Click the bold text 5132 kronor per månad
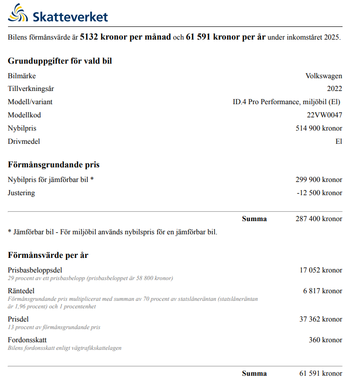pos(125,37)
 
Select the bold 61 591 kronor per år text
pos(226,37)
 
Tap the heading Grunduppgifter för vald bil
pos(60,61)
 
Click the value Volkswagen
pos(324,76)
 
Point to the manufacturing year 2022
pos(335,89)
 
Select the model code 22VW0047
pos(324,115)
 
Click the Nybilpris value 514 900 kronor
pos(319,128)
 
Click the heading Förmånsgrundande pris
pos(54,165)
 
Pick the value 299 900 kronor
pos(319,180)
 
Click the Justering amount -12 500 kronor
pos(320,193)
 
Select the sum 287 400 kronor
pos(319,219)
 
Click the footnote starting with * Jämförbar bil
pos(113,232)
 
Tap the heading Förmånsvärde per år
pos(48,255)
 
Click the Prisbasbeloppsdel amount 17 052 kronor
pos(321,270)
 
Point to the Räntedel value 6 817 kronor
pos(323,291)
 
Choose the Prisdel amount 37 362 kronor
pos(321,319)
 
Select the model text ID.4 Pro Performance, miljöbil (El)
pos(283,102)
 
